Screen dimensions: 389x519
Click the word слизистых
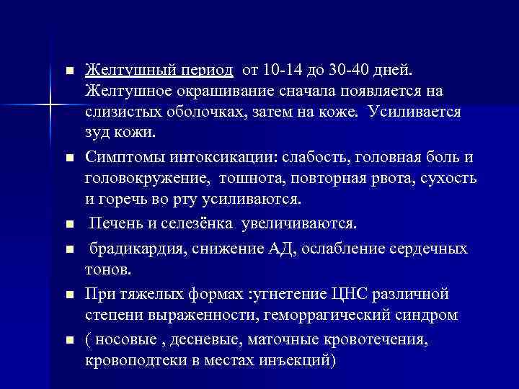pos(119,114)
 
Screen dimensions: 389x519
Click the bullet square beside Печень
pos(69,226)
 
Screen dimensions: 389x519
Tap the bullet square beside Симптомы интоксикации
pos(69,158)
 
